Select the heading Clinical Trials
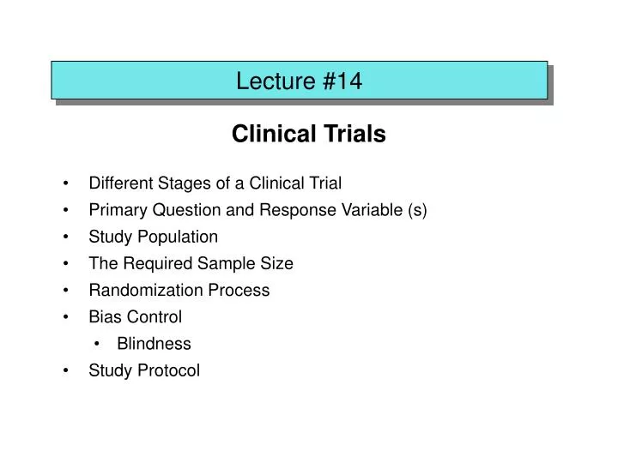(309, 135)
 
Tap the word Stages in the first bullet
(181, 183)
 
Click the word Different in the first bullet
(120, 183)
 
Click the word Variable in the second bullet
(375, 209)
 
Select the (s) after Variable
(417, 209)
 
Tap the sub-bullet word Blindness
(154, 344)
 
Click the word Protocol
(170, 370)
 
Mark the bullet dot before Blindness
(100, 344)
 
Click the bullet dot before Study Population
(66, 237)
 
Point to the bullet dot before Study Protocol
(66, 370)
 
